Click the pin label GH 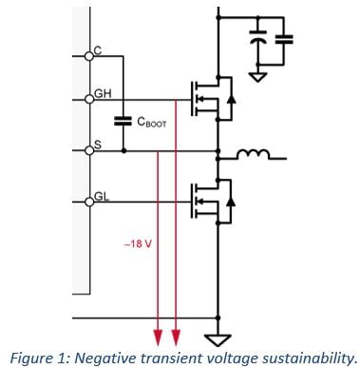coord(102,94)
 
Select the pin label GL coord(101,196)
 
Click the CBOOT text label coord(153,122)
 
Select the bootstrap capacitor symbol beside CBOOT coord(123,122)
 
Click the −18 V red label coord(138,243)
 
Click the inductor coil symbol coord(250,151)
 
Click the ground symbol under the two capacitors coord(256,74)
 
